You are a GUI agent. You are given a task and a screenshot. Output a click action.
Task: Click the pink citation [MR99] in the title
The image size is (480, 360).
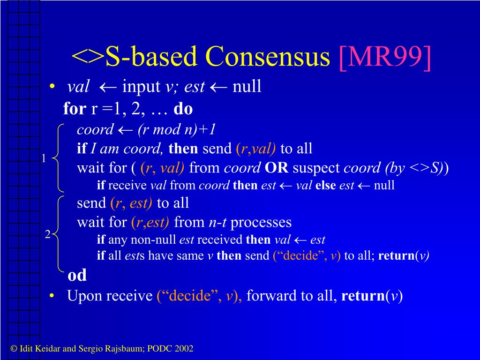[x=385, y=57]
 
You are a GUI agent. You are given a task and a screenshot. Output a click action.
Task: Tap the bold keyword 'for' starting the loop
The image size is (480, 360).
[x=75, y=109]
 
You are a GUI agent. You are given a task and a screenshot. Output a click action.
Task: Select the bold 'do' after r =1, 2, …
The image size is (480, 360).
[x=183, y=109]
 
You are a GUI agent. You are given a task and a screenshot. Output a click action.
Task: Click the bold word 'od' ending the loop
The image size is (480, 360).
[x=77, y=275]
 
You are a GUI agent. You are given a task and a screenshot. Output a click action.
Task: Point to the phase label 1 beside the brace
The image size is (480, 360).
[x=44, y=158]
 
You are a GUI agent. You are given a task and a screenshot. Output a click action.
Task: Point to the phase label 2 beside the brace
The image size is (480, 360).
[x=47, y=234]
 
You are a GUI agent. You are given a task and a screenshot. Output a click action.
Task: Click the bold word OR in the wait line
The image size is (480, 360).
[x=277, y=168]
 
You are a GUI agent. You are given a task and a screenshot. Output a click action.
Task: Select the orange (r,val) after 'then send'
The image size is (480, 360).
[x=255, y=149]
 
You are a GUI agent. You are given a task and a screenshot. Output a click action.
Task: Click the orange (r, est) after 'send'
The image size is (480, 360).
[x=131, y=203]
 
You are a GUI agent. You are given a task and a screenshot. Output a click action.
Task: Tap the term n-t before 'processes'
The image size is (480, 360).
[x=217, y=222]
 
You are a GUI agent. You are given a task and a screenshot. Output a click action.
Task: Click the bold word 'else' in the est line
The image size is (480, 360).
[x=325, y=185]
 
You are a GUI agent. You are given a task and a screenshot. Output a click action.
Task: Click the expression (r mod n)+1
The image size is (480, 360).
[x=177, y=130]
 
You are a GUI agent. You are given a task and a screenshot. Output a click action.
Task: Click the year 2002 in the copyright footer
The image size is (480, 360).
[x=184, y=348]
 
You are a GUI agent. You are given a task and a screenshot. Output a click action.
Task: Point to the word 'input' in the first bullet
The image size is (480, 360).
[x=141, y=87]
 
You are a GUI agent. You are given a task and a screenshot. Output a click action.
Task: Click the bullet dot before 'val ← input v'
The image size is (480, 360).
[x=52, y=87]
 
